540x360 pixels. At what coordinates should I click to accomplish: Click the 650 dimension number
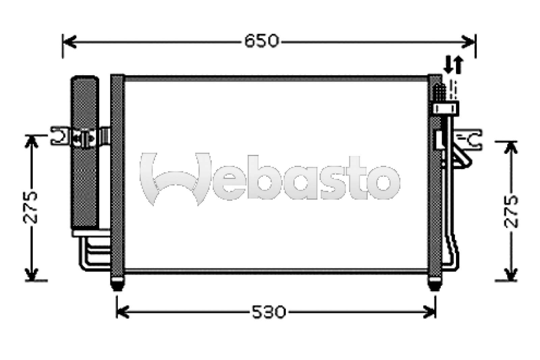pos(262,41)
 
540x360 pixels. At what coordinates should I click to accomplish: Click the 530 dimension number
pos(269,312)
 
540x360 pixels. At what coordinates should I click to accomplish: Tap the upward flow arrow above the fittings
pos(458,65)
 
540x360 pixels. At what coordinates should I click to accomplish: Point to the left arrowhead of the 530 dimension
pos(122,311)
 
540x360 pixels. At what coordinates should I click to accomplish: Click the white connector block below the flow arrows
pos(446,108)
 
